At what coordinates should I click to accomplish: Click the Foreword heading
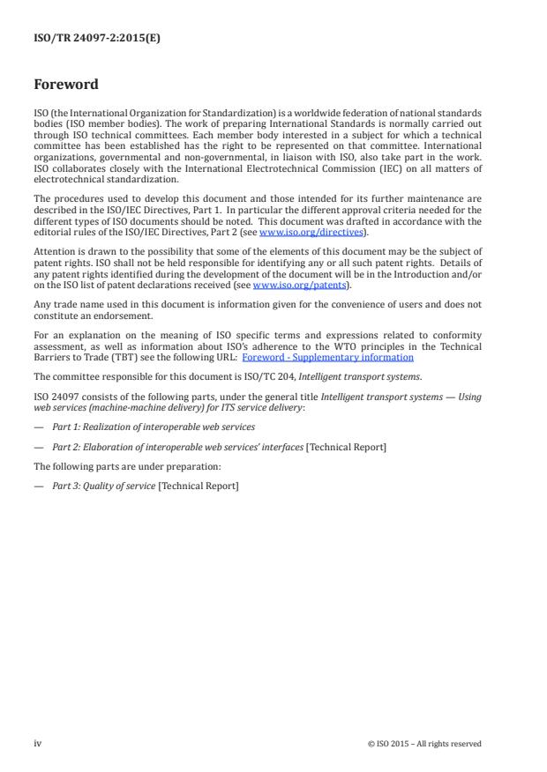point(66,85)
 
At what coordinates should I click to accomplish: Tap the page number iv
point(38,743)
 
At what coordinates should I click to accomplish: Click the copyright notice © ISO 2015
point(424,744)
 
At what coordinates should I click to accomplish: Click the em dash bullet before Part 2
point(40,447)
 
